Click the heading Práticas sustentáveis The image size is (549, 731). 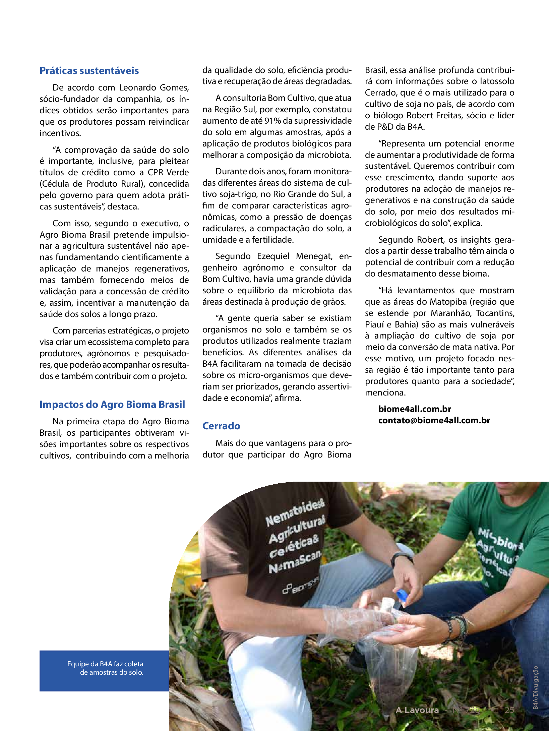tap(89, 71)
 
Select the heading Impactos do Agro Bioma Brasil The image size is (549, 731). tap(112, 405)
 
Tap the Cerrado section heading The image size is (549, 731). tap(221, 426)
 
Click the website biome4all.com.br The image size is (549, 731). tap(415, 409)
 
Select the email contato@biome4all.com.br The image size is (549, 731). tap(434, 420)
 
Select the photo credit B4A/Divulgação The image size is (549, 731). tap(536, 687)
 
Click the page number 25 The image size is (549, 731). tap(509, 710)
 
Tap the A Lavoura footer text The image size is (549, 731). tap(417, 710)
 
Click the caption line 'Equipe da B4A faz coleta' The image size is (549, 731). tap(105, 664)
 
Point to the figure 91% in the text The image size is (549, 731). tap(273, 121)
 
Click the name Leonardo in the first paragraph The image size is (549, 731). tap(138, 87)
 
